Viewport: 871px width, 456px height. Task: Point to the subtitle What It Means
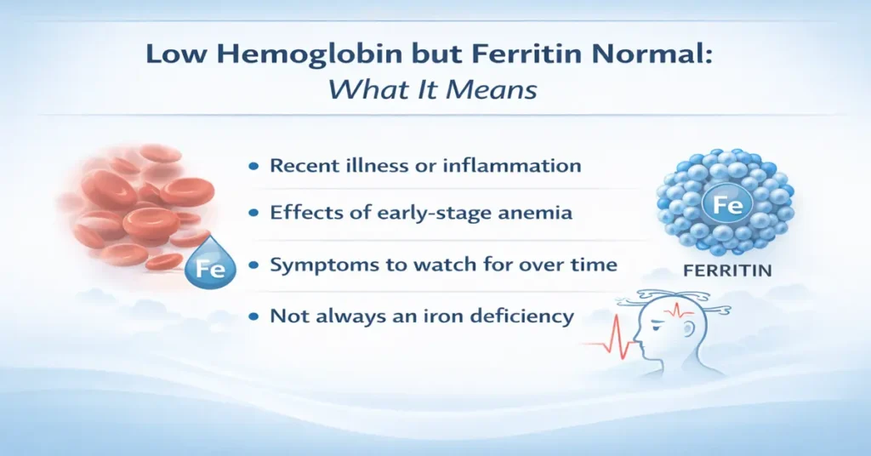pos(434,88)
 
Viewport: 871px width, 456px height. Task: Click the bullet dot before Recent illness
pos(253,167)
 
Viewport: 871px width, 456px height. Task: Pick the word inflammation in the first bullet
pos(512,165)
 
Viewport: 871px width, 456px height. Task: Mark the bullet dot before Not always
pos(253,317)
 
